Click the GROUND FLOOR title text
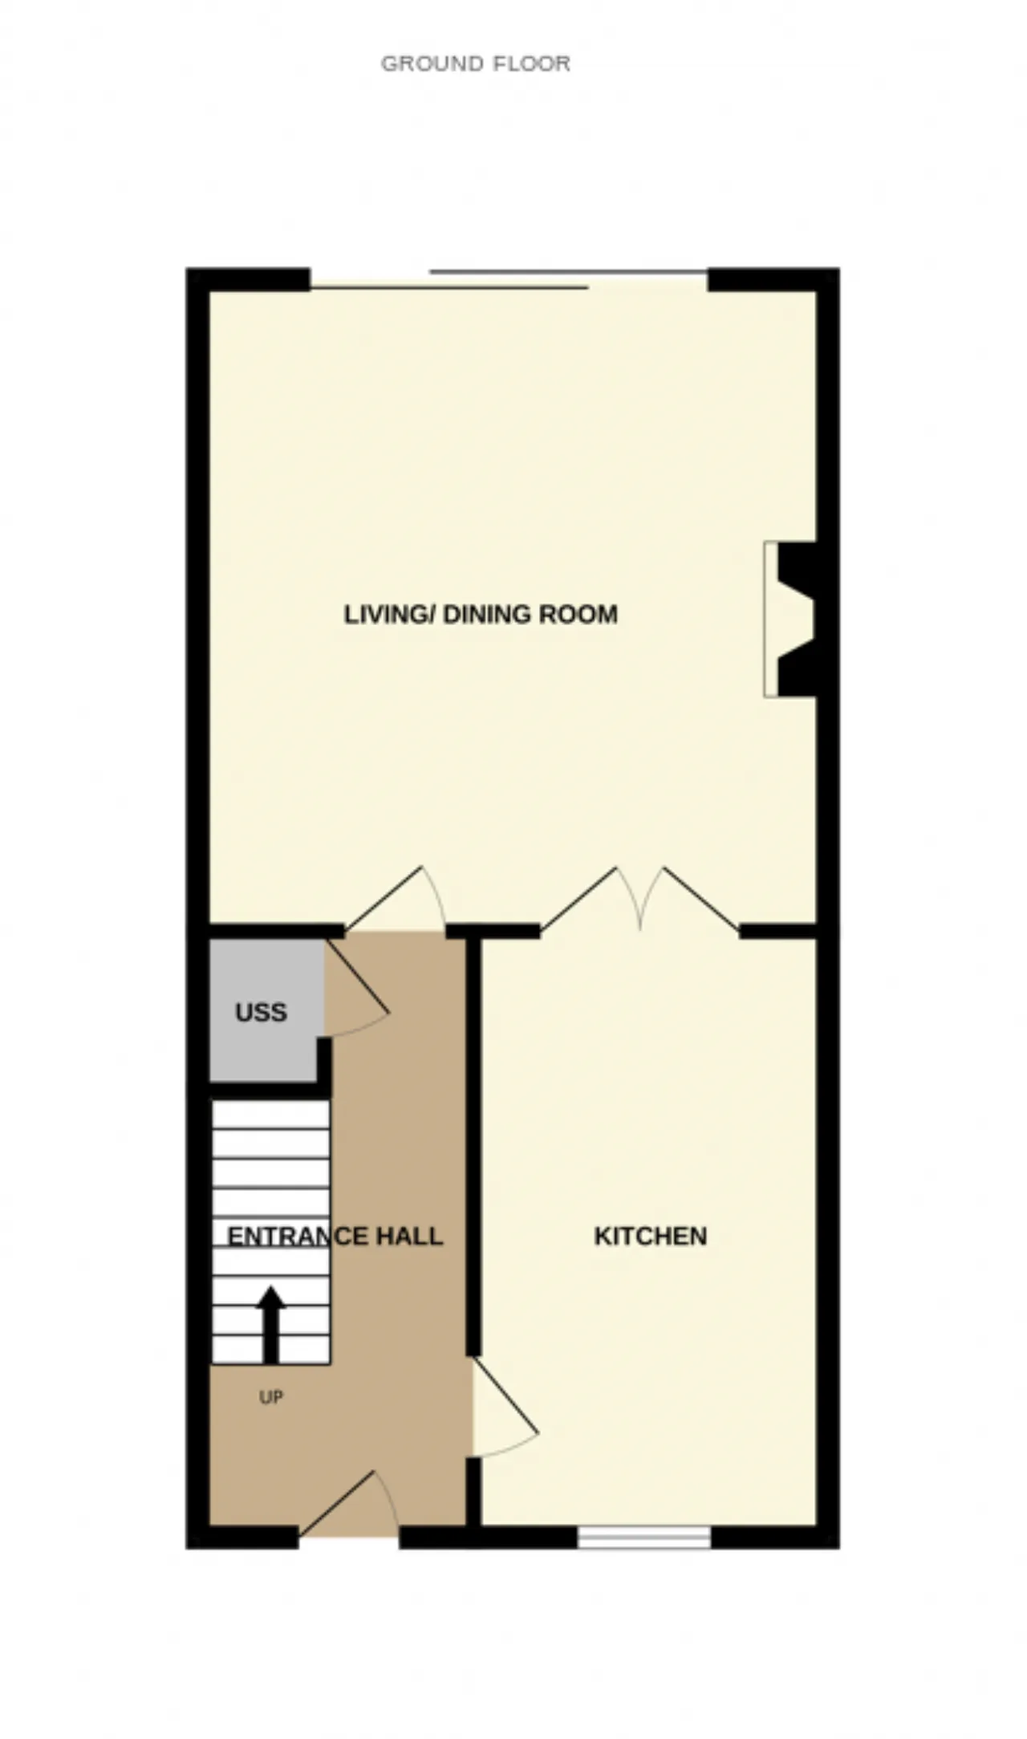[x=476, y=63]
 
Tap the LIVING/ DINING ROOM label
[x=481, y=615]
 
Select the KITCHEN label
[x=651, y=1236]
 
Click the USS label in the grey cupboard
[x=262, y=1013]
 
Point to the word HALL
[x=410, y=1236]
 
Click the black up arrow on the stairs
[x=271, y=1324]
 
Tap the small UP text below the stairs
[x=271, y=1397]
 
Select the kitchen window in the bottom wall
[x=644, y=1538]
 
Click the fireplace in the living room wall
[x=790, y=619]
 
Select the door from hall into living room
[x=396, y=899]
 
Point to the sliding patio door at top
[x=509, y=279]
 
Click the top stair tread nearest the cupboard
[x=270, y=1115]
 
